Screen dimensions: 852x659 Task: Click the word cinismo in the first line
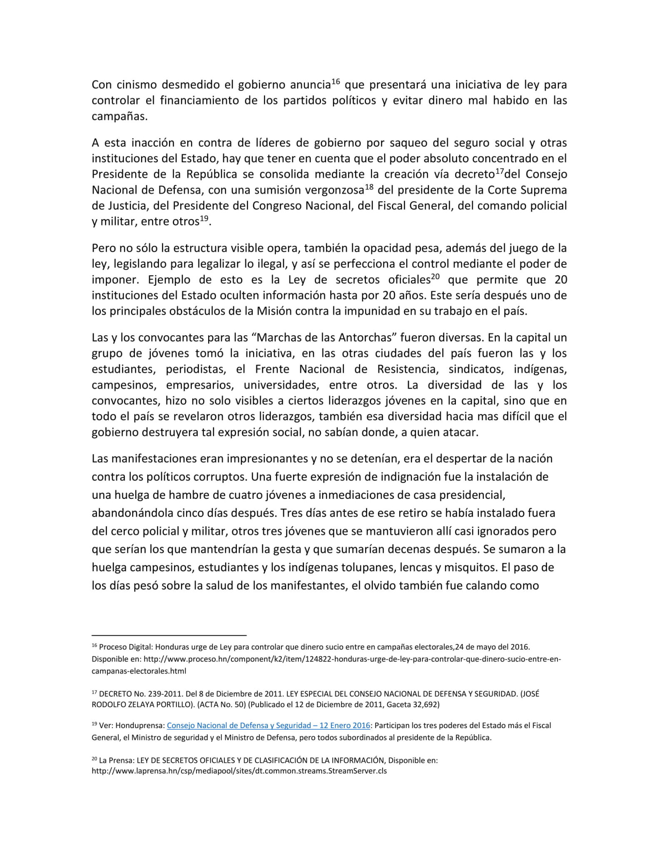pyautogui.click(x=135, y=85)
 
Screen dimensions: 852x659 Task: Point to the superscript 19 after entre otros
pyautogui.click(x=204, y=218)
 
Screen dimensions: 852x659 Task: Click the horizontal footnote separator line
pyautogui.click(x=169, y=635)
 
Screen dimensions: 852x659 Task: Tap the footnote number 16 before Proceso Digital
pyautogui.click(x=94, y=646)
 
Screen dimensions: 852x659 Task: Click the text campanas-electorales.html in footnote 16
pyautogui.click(x=139, y=671)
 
